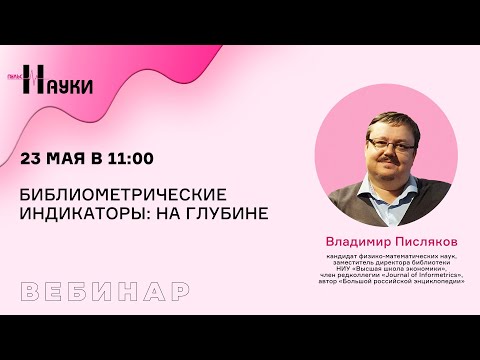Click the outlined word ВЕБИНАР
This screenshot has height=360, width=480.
(105, 292)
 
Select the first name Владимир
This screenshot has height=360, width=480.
(356, 240)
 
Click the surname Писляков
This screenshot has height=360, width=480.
(424, 240)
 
